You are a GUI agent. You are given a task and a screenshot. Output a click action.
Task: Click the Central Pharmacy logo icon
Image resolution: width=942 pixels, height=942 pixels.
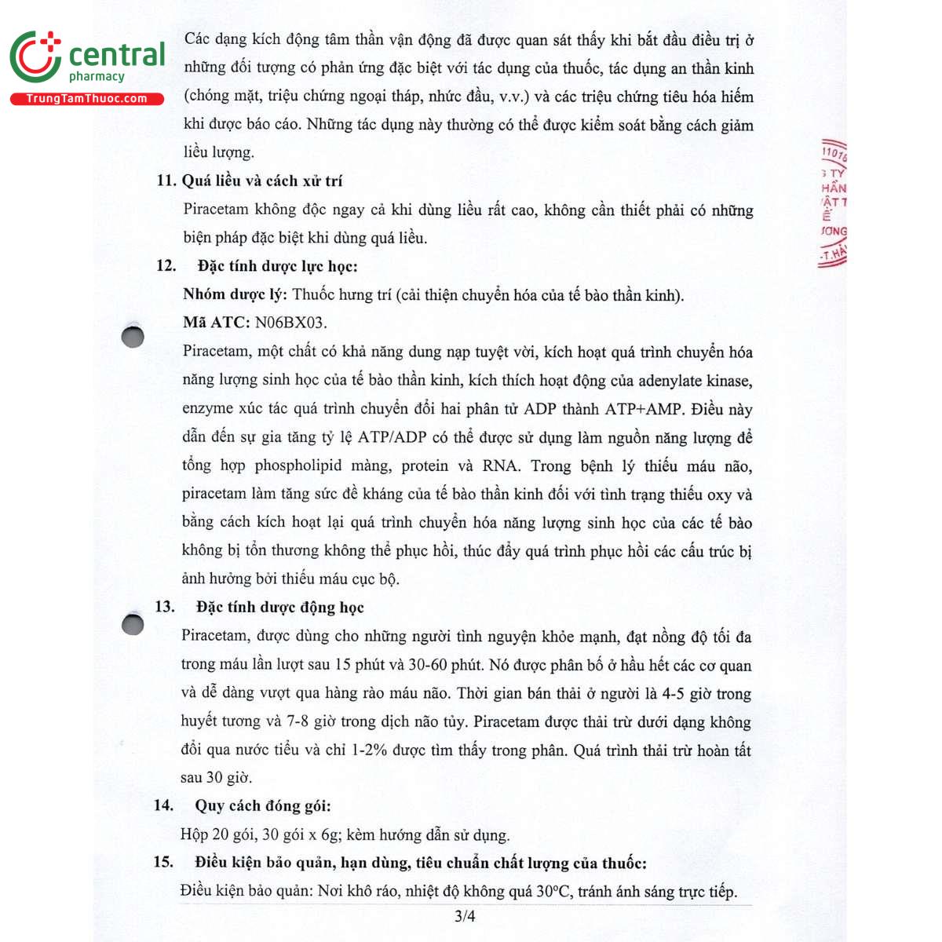click(35, 57)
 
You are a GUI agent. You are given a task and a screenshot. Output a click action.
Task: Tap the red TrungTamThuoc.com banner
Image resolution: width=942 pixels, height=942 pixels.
click(86, 99)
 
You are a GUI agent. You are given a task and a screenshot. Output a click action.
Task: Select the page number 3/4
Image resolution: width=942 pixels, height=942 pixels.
click(465, 916)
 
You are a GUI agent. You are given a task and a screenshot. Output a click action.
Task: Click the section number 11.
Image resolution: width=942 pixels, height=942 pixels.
click(166, 181)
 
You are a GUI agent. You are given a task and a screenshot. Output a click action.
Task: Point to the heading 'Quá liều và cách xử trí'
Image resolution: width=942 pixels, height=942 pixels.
click(262, 181)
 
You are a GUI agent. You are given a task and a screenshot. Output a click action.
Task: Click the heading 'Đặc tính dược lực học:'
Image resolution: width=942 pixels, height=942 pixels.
click(277, 266)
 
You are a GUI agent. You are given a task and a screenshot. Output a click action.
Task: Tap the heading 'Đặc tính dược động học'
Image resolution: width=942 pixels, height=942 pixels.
click(280, 607)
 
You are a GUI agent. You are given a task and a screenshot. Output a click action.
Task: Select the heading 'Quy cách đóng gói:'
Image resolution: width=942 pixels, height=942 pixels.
click(263, 805)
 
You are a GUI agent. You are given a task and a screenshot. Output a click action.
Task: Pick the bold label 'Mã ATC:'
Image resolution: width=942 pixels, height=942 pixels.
click(216, 323)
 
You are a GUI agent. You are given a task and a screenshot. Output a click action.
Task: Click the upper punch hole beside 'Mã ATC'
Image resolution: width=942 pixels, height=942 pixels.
click(133, 336)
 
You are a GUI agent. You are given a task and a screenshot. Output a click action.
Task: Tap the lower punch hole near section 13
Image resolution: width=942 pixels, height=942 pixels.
click(133, 624)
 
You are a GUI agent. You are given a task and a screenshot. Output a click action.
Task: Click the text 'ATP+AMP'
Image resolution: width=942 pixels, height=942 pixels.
click(644, 409)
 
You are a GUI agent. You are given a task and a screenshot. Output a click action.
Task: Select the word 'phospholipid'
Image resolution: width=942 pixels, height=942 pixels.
click(298, 466)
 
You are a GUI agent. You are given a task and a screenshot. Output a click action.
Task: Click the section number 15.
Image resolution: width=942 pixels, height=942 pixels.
click(163, 862)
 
